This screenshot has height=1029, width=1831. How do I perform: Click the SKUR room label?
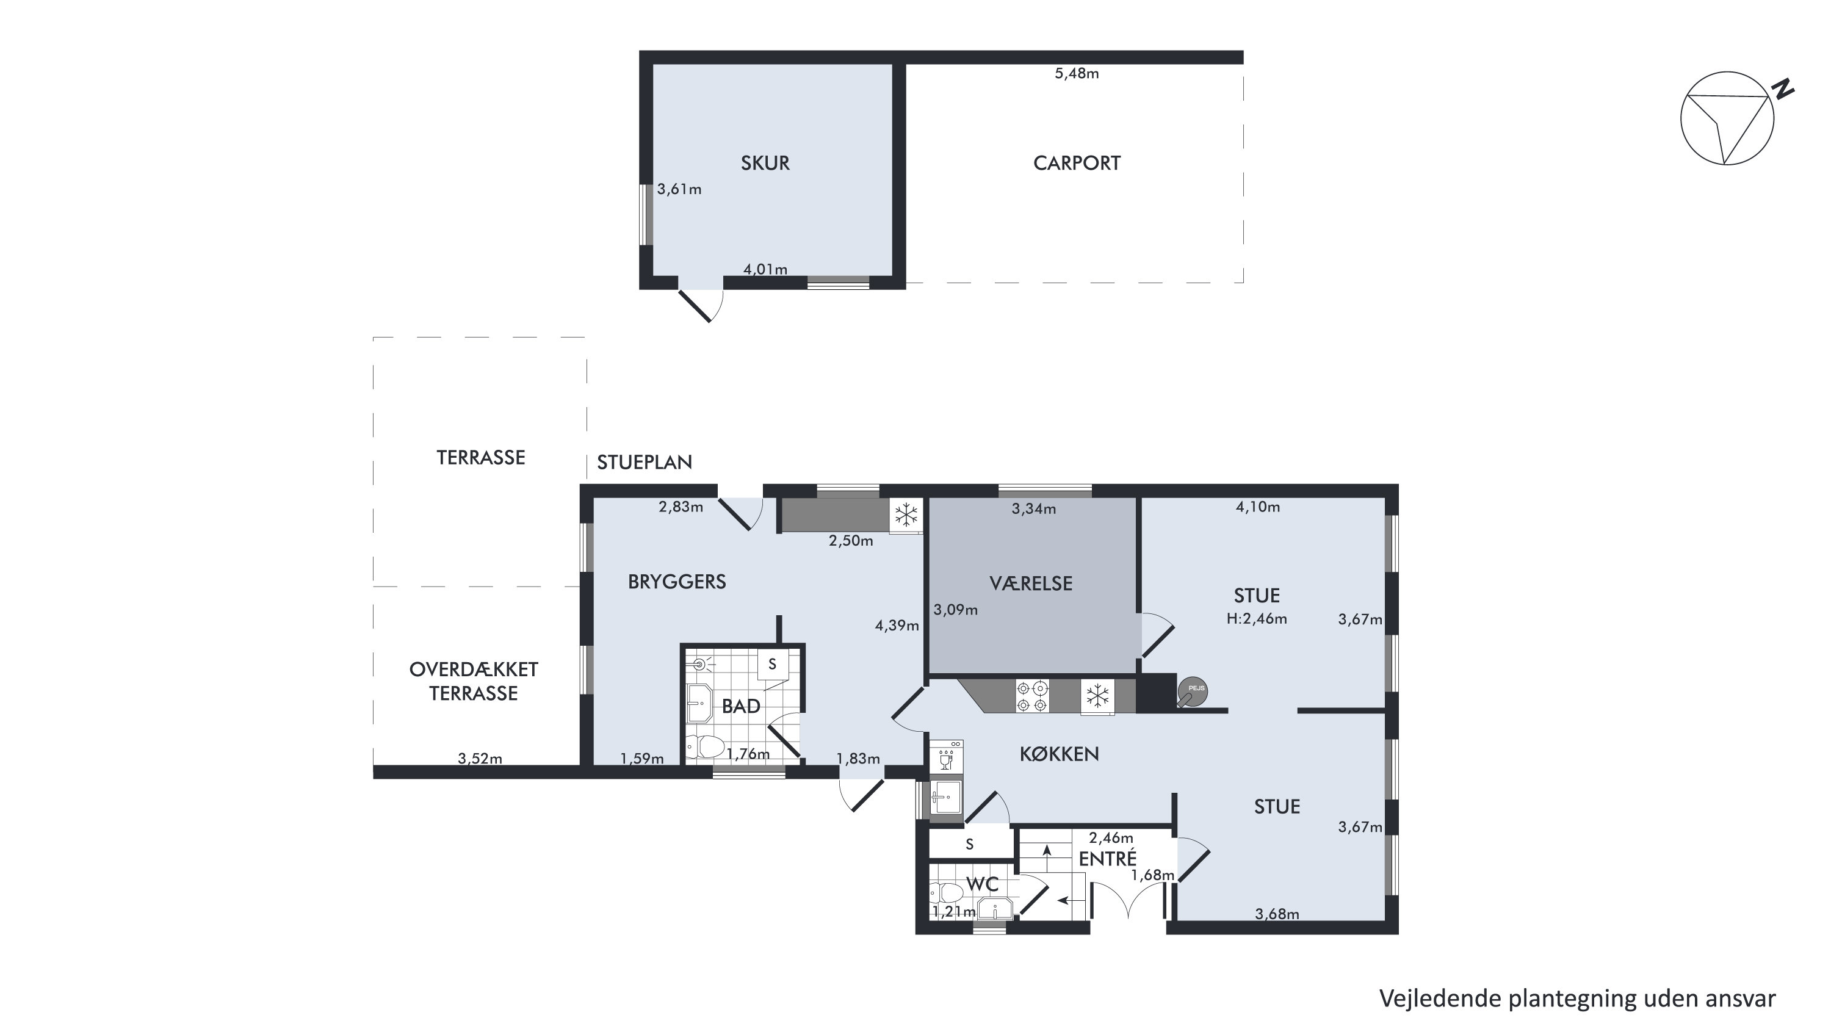[x=765, y=163]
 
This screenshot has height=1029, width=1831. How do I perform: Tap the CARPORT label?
[x=1076, y=163]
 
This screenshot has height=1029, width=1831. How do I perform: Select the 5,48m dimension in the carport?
[x=1076, y=73]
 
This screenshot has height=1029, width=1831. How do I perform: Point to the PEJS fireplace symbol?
[x=1192, y=691]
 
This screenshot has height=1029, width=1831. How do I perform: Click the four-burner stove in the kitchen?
[x=1032, y=696]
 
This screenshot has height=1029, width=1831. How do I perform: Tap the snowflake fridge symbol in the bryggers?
[x=906, y=514]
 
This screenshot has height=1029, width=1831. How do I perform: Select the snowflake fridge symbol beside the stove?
[x=1097, y=696]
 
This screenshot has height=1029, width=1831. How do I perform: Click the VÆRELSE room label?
[x=1031, y=583]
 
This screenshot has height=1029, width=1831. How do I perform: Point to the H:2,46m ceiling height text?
[x=1257, y=618]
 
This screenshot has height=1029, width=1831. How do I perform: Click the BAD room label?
[x=741, y=706]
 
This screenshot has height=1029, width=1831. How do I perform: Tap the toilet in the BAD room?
[x=706, y=747]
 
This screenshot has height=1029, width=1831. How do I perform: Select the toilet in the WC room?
[x=946, y=892]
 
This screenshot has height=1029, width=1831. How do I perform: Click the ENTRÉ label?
[x=1107, y=859]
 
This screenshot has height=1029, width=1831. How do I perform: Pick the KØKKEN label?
[x=1059, y=754]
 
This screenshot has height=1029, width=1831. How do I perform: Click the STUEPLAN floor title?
[x=644, y=463]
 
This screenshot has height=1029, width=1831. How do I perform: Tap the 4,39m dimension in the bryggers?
[x=897, y=626]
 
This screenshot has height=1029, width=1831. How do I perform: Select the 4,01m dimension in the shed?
[x=765, y=269]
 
